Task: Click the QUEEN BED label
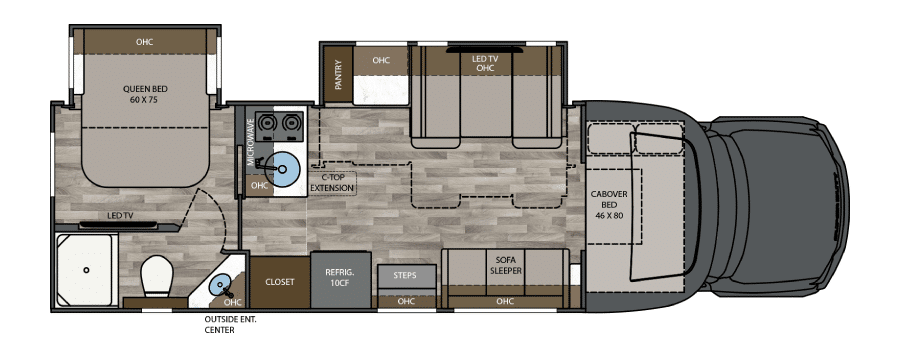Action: [145, 94]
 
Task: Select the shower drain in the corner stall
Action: [86, 269]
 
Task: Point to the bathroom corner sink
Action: [221, 285]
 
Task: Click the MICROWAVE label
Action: [251, 142]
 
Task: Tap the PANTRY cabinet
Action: [338, 75]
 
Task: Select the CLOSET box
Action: [280, 282]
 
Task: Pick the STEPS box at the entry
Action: [406, 276]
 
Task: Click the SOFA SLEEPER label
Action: [506, 265]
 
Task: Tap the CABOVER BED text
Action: [609, 204]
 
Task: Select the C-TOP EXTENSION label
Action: [332, 183]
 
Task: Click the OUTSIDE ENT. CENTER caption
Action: [230, 324]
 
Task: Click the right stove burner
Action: [292, 123]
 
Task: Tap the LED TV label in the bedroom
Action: [120, 216]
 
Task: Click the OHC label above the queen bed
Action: [145, 42]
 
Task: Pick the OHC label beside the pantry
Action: [381, 60]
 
